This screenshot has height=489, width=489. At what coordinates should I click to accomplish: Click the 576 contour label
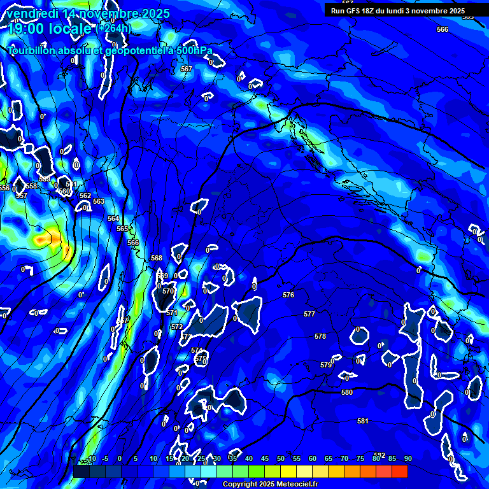click(288, 295)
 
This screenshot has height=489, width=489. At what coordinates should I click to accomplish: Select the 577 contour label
click(309, 314)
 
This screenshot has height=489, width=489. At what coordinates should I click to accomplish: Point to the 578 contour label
click(320, 336)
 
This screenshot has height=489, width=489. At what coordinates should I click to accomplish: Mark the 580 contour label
click(347, 392)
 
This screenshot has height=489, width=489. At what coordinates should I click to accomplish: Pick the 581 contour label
click(363, 421)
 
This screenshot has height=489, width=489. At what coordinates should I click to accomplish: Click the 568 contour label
click(157, 258)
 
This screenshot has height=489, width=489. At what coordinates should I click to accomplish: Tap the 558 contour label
click(31, 186)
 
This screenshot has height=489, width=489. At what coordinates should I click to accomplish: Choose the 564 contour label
click(113, 218)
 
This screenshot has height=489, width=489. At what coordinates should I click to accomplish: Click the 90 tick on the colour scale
click(407, 458)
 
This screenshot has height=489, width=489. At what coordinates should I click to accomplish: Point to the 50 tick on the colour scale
click(281, 458)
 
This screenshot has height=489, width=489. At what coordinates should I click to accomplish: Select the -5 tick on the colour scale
click(105, 458)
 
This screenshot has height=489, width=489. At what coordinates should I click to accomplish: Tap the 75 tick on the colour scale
click(360, 458)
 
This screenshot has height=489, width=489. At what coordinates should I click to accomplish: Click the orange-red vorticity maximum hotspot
click(45, 239)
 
